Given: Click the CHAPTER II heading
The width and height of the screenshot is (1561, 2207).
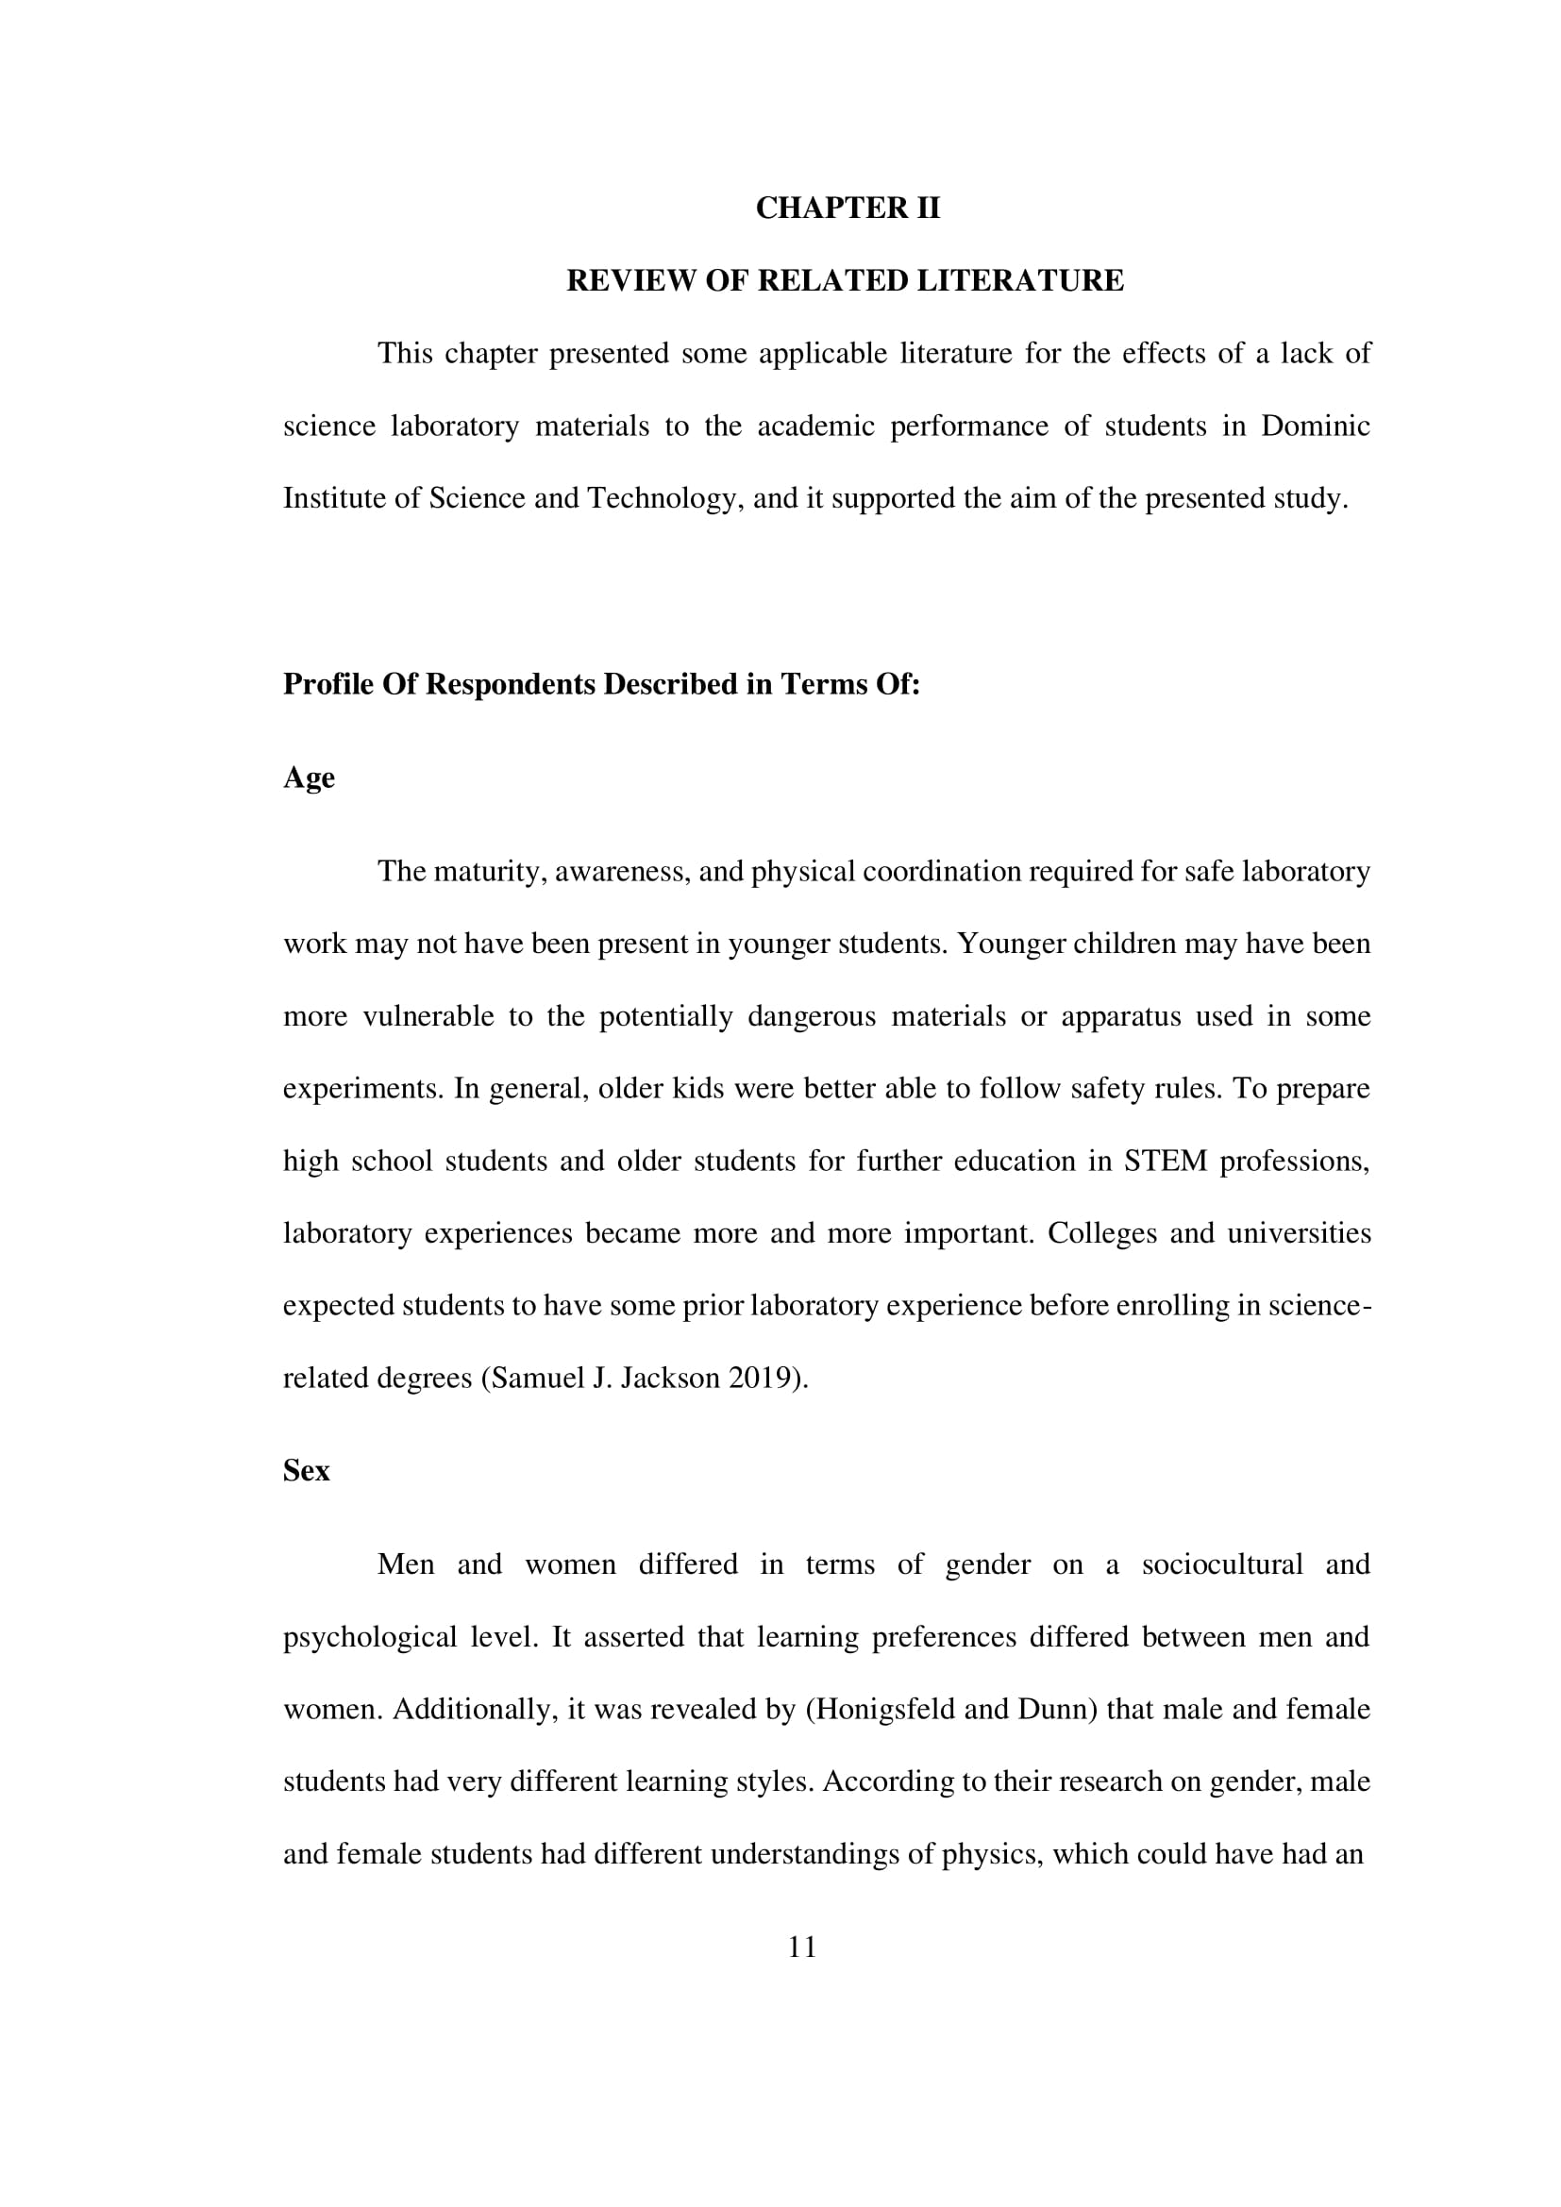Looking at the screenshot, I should click(847, 208).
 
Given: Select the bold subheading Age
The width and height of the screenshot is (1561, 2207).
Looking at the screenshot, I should click(309, 777).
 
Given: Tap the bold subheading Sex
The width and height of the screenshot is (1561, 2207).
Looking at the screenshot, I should click(306, 1471).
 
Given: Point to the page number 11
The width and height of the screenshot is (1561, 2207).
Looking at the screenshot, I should click(801, 1948).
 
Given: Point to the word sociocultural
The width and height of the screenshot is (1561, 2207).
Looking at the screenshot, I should click(1221, 1564).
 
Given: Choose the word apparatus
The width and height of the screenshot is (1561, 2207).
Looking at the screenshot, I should click(1121, 1017).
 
